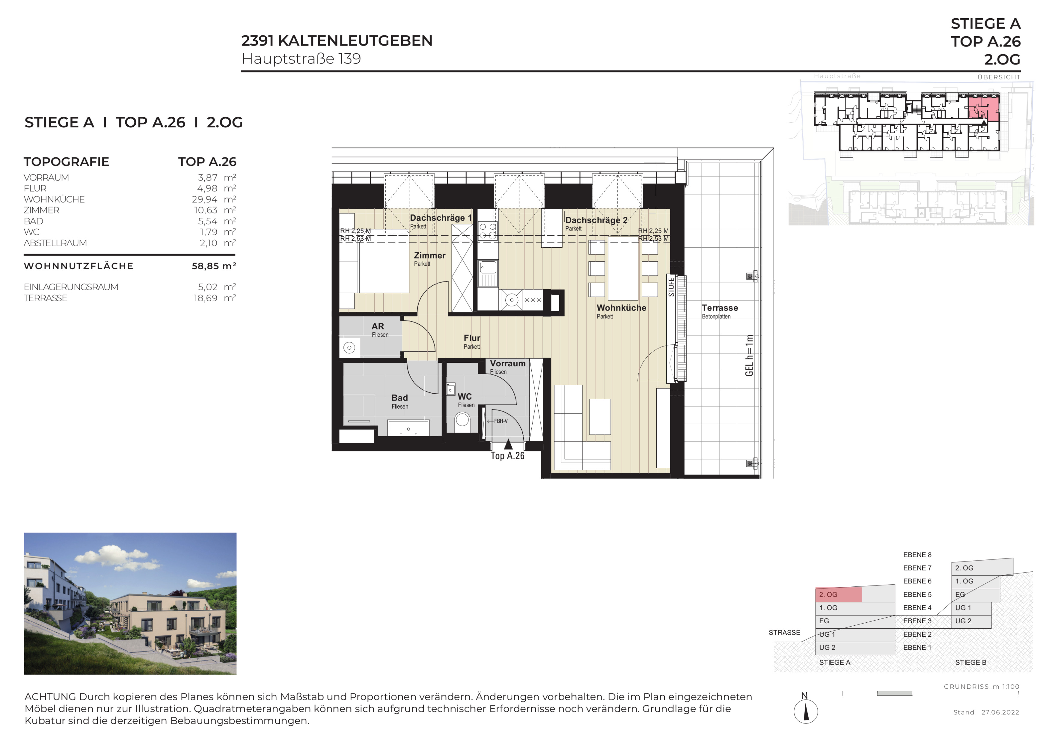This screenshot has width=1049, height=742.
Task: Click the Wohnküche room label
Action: (621, 308)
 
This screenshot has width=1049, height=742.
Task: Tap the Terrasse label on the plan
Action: (720, 308)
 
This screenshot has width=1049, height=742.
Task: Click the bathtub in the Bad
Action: (408, 427)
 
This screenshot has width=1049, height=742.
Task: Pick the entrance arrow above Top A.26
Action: (508, 444)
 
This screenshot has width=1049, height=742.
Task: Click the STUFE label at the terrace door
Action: (671, 287)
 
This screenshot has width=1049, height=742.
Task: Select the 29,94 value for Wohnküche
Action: (204, 199)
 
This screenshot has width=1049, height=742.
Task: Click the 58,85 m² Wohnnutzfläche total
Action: (214, 266)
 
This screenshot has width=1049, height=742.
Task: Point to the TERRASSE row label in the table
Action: (46, 298)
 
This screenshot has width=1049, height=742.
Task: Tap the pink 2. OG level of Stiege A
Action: (838, 595)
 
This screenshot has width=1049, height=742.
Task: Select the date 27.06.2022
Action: (1000, 712)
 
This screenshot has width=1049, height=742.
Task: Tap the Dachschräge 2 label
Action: (596, 220)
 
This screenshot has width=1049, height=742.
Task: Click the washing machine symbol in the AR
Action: (349, 348)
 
